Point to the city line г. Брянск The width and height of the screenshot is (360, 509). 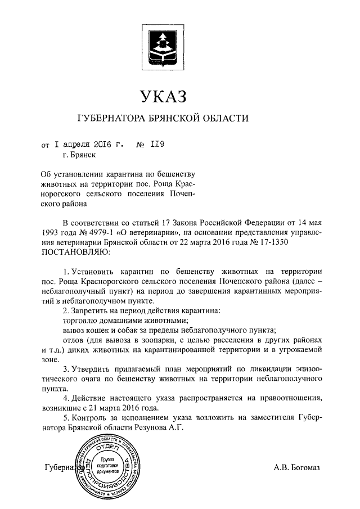click(x=79, y=155)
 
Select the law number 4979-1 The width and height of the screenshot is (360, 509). click(x=100, y=232)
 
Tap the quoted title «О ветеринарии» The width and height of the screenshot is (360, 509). click(x=148, y=232)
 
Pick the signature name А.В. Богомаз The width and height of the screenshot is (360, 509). click(x=296, y=467)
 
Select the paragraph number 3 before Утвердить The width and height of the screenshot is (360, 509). click(x=66, y=369)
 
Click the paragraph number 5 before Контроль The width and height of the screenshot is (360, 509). click(x=66, y=418)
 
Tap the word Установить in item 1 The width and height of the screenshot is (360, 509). click(x=93, y=272)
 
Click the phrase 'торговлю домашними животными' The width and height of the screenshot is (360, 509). click(x=114, y=320)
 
